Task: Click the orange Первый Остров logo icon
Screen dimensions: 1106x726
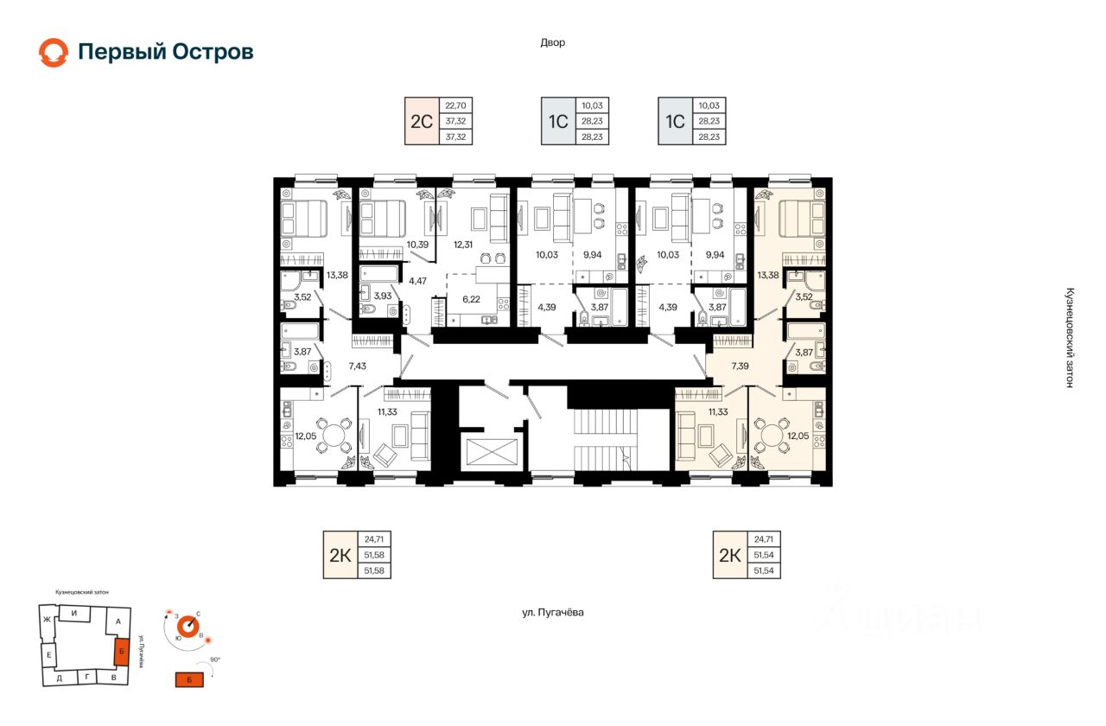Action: (x=53, y=53)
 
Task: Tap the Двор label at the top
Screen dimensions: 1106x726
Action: (x=552, y=43)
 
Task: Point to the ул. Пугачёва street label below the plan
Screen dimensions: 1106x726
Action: (x=552, y=613)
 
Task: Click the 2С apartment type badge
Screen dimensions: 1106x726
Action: (x=422, y=121)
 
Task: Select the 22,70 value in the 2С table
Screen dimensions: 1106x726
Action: (x=455, y=105)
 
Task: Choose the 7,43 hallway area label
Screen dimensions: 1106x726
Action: (x=358, y=366)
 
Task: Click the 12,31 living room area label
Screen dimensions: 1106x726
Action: (x=463, y=244)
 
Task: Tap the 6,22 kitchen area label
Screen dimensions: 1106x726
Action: (x=471, y=299)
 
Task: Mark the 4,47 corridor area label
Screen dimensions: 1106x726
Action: (x=417, y=281)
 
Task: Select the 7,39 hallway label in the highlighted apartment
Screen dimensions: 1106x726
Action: (x=740, y=366)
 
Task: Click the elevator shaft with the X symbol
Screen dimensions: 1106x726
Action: (x=492, y=452)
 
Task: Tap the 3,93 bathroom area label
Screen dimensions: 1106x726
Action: (x=383, y=296)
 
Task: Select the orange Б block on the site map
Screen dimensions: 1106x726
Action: (x=122, y=652)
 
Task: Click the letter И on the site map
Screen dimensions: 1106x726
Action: (x=74, y=614)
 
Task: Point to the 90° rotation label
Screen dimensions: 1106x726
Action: (x=215, y=659)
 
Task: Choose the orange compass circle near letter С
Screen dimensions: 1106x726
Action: (x=188, y=627)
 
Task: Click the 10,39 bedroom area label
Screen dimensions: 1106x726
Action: (x=417, y=244)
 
